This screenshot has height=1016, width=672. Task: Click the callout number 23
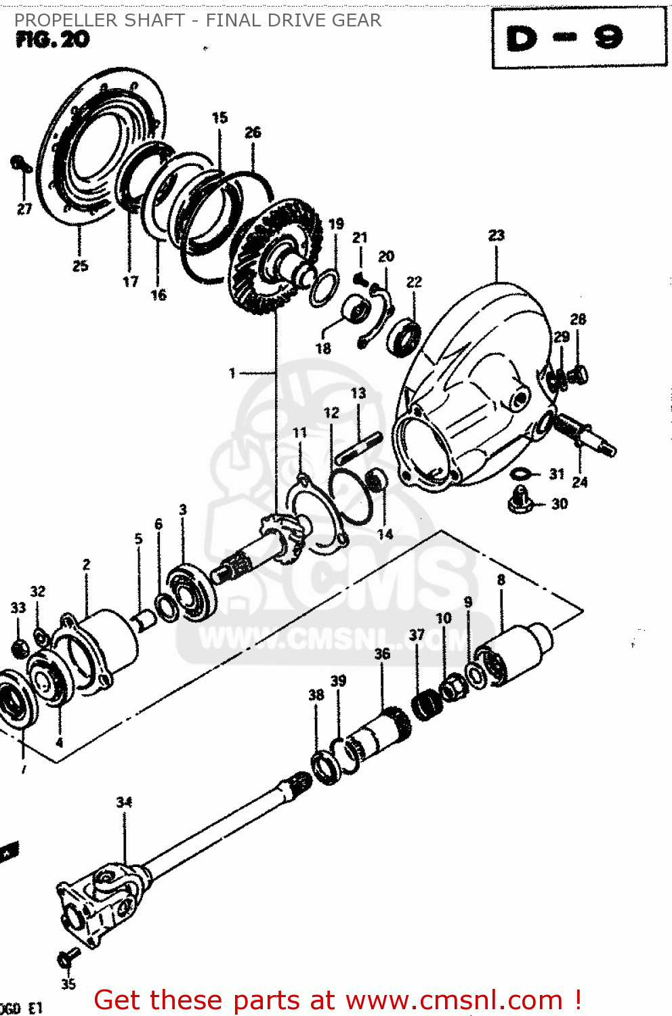click(497, 235)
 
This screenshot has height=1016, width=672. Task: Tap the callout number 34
click(124, 802)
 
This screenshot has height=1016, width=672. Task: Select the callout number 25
click(80, 266)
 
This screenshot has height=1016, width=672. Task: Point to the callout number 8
click(501, 580)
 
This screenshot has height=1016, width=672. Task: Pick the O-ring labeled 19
click(324, 288)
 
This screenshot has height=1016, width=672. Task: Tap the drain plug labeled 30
click(520, 501)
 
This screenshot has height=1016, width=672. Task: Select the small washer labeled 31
click(520, 473)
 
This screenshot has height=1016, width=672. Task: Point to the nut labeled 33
click(20, 648)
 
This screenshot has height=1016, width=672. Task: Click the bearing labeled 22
click(404, 337)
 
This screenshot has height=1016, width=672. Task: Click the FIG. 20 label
click(53, 40)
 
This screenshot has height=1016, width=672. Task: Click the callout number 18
click(323, 348)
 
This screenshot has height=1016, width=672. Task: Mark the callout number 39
click(338, 681)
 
